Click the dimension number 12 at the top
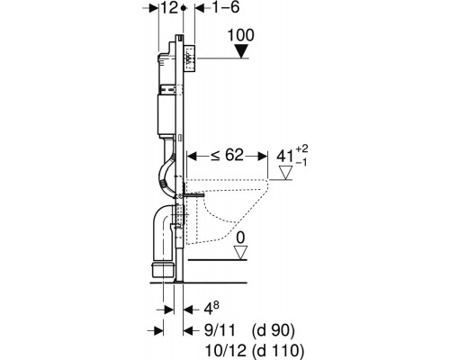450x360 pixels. click(x=169, y=8)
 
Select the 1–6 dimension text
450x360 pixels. click(x=226, y=7)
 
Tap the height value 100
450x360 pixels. click(x=240, y=35)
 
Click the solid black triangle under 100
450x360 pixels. click(x=241, y=51)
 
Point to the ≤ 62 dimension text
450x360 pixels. click(x=227, y=156)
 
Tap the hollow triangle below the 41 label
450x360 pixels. click(x=285, y=173)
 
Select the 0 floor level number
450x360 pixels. click(x=240, y=238)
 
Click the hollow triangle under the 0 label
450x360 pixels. click(x=240, y=252)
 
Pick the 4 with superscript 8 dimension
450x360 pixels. click(x=211, y=309)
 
